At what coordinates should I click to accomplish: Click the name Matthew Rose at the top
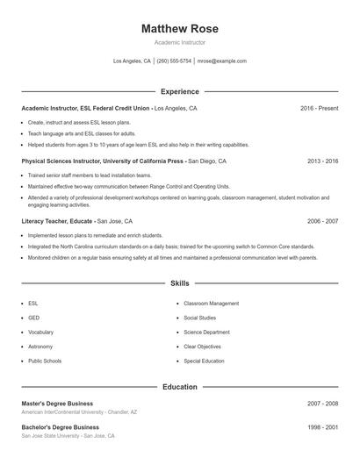tap(179, 29)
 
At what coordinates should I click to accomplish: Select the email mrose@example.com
tap(222, 61)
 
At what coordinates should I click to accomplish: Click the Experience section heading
tap(179, 91)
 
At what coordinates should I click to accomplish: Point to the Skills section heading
tap(179, 283)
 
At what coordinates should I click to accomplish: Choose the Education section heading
tap(179, 387)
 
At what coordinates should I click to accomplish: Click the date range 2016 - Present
tap(319, 108)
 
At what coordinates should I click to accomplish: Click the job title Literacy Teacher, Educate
tap(57, 222)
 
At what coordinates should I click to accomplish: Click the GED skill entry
tap(33, 318)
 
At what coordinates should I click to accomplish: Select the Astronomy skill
tap(40, 347)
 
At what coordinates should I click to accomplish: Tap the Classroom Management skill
tap(211, 304)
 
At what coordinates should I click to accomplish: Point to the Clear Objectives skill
tap(203, 347)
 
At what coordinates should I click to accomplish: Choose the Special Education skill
tap(204, 361)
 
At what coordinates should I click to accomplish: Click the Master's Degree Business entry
tap(60, 404)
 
